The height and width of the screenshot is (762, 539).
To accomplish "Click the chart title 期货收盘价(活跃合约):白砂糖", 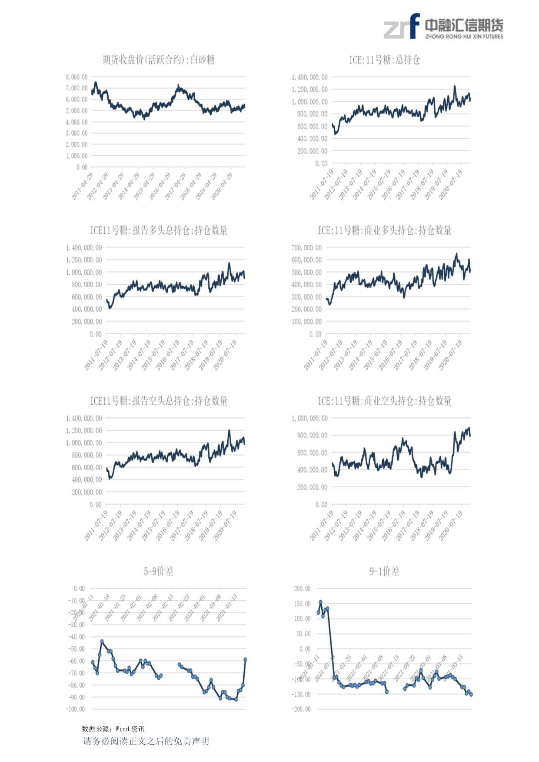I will (x=159, y=60).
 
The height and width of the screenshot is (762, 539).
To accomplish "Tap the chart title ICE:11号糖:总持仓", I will (x=384, y=60).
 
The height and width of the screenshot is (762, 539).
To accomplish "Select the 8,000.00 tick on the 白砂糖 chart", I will (x=77, y=77).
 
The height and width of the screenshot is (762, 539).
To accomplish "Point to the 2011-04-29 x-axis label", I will (x=83, y=186).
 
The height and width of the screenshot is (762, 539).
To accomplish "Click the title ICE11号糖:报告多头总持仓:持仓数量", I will (x=159, y=230).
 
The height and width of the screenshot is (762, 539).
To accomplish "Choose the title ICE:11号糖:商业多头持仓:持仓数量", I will (x=384, y=230).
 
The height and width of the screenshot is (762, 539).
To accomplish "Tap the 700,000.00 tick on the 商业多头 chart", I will (x=307, y=248).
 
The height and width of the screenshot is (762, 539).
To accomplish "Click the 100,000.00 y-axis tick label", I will (x=307, y=322).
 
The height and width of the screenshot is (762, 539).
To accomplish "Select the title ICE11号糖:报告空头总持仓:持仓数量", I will (x=159, y=400).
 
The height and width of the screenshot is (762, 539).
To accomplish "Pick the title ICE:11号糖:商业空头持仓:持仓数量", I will (x=384, y=400).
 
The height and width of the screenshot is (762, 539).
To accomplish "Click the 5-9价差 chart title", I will (x=159, y=571).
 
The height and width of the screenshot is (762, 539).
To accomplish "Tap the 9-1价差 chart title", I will (x=384, y=571).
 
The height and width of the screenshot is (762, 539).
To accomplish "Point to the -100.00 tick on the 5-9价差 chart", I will (x=76, y=709).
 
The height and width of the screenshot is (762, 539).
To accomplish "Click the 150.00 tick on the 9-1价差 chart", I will (x=303, y=604).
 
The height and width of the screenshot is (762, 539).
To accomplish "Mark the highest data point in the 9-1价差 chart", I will (x=321, y=602).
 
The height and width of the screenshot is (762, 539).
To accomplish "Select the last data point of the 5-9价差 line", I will (x=246, y=659).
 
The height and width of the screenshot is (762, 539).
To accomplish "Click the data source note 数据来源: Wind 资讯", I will (x=113, y=729).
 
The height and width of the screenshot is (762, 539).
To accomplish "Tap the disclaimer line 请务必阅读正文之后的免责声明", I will (x=146, y=741).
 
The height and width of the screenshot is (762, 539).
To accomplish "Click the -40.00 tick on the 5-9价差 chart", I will (x=77, y=637).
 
